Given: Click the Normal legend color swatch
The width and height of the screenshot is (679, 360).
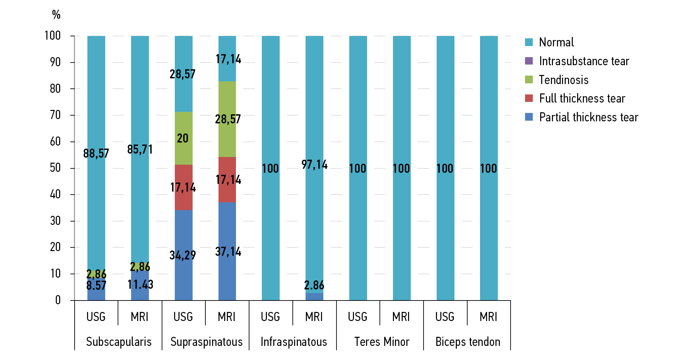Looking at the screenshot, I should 529,42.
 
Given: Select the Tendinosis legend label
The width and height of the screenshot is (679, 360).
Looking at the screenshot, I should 564,80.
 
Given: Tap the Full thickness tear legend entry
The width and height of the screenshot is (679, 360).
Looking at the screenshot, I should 582,98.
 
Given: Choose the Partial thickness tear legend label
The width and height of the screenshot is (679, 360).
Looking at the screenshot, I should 588,117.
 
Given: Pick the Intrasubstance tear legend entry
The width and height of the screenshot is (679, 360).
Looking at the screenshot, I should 584,61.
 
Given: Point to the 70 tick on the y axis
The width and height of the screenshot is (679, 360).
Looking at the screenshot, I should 55,115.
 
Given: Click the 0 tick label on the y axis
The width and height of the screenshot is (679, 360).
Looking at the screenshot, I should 58,300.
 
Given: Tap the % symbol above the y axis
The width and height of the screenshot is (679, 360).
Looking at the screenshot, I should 56,14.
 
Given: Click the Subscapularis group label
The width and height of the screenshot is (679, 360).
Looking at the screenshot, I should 119,342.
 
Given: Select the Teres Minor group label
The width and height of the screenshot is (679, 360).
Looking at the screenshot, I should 382,342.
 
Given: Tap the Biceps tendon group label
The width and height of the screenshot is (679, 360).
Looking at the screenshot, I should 468,342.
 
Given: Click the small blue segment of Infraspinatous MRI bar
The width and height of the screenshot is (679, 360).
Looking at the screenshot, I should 314,297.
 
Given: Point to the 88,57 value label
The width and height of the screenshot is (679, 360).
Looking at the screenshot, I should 96,154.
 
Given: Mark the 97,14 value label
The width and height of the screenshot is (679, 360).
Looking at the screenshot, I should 314,165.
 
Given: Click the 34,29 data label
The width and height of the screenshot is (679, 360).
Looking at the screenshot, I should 183,255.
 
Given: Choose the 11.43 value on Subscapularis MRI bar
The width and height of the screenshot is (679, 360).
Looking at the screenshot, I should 140,285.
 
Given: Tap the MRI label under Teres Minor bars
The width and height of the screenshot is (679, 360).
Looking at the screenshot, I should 401,317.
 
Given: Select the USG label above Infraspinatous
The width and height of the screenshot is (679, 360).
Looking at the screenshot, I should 270,317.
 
